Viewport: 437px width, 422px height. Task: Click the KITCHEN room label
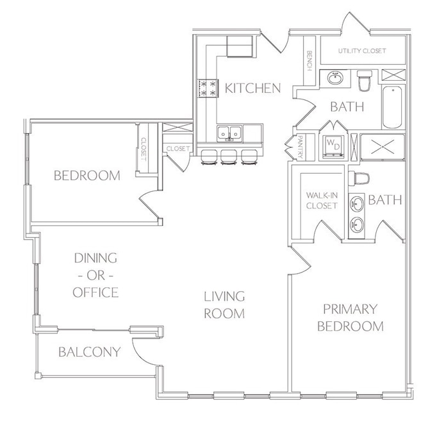[x=252, y=89]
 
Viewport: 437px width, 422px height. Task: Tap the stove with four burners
[x=207, y=89]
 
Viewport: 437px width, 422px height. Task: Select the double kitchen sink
[x=229, y=133]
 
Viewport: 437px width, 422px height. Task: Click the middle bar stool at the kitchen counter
[x=229, y=157]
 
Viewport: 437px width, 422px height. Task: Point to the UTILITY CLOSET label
[x=362, y=51]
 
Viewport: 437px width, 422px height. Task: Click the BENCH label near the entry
[x=309, y=60]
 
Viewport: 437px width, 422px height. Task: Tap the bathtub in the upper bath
[x=392, y=107]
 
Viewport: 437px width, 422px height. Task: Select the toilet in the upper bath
[x=365, y=80]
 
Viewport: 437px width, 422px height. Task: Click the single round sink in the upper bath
[x=335, y=78]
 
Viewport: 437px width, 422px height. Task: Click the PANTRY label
[x=301, y=147]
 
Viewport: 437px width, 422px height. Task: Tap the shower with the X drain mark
[x=383, y=147]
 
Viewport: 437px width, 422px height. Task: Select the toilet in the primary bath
[x=359, y=178]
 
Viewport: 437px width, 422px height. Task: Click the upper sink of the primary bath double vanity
[x=356, y=203]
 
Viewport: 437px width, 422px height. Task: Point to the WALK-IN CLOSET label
[x=322, y=201]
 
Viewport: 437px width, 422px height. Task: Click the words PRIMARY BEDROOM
[x=350, y=317]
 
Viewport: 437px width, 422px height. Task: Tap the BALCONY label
[x=90, y=352]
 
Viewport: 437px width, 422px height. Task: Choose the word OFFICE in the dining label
[x=95, y=292]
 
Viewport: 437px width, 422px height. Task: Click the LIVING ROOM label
[x=224, y=305]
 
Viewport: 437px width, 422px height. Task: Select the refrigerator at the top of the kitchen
[x=240, y=46]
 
